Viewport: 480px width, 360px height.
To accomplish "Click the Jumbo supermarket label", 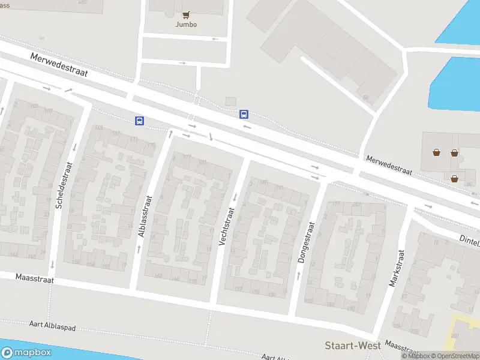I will [x=185, y=25].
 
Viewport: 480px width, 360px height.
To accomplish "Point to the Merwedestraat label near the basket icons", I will [x=390, y=164].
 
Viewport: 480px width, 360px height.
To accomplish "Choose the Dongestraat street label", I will [x=305, y=242].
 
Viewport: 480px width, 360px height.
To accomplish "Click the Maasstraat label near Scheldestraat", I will [x=35, y=279].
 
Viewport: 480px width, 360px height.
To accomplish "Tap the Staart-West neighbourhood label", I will [x=353, y=345].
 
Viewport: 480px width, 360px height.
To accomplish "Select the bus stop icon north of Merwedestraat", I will [x=244, y=113].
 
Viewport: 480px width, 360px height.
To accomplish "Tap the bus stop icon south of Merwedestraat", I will [x=139, y=121].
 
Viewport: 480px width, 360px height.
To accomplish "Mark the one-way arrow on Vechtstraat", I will [x=235, y=197].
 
